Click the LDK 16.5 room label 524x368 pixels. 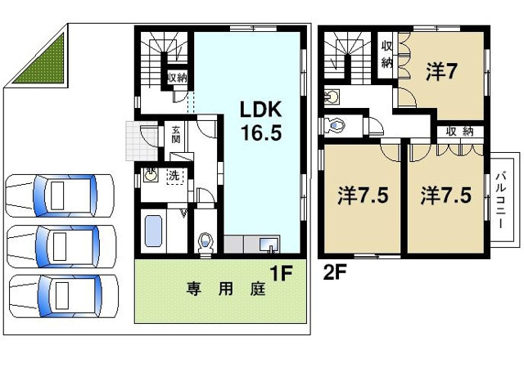click(260, 121)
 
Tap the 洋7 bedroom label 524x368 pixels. click(440, 73)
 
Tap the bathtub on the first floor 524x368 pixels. click(154, 231)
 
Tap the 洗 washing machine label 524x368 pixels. click(174, 175)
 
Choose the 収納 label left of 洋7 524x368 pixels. click(386, 54)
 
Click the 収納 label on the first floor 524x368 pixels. click(177, 78)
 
